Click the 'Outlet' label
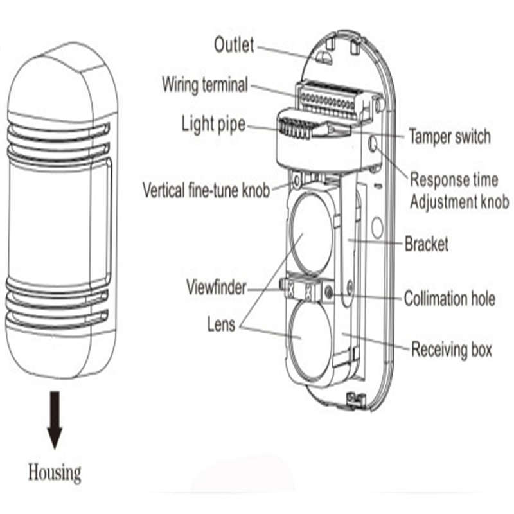234,45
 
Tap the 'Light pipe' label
213,123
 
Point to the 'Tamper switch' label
449,136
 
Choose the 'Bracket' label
426,244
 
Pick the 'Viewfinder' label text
216,287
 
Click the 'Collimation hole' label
449,299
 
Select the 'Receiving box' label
451,350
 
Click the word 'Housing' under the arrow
55,474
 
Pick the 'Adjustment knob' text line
459,202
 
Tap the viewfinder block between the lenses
301,290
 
